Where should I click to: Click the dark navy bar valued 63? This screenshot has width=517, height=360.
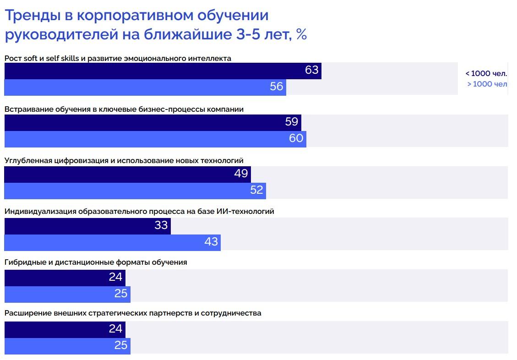click(x=163, y=71)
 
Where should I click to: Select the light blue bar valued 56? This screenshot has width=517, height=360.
click(x=145, y=87)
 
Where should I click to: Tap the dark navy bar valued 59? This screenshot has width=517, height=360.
click(x=152, y=122)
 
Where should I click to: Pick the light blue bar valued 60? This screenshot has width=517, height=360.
click(x=155, y=139)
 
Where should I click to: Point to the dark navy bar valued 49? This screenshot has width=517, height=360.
click(x=127, y=174)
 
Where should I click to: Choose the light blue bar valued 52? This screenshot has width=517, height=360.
click(x=135, y=191)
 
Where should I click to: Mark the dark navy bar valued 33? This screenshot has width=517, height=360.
click(x=87, y=226)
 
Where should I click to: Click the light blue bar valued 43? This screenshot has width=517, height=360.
click(x=112, y=242)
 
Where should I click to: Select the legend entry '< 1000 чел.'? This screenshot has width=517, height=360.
click(x=486, y=73)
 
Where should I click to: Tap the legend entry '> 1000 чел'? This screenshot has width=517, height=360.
click(x=487, y=84)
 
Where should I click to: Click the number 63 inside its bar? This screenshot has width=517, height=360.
click(x=311, y=71)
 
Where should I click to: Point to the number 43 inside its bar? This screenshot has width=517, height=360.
click(x=211, y=242)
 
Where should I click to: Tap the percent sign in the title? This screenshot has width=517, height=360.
click(x=301, y=34)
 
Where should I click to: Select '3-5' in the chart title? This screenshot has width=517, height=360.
click(x=250, y=34)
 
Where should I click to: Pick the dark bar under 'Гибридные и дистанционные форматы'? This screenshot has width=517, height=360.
click(x=65, y=278)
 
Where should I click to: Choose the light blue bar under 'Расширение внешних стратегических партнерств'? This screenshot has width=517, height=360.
click(x=67, y=346)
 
